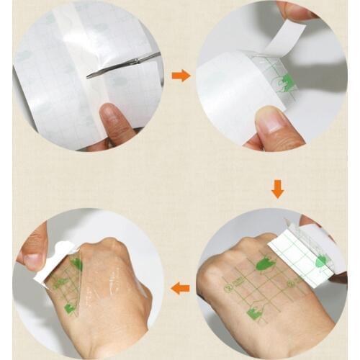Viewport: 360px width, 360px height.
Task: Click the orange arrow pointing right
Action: (181, 75)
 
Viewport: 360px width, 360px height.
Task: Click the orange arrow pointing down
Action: (277, 189)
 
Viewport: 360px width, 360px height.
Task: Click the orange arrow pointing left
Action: (180, 288)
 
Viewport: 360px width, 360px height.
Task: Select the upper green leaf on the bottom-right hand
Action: (266, 264)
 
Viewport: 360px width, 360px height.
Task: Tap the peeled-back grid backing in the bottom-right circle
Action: (302, 256)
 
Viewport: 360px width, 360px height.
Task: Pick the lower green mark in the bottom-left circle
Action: (70, 308)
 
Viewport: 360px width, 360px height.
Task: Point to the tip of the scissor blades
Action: (89, 73)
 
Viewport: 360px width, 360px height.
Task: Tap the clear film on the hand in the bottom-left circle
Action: (108, 288)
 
